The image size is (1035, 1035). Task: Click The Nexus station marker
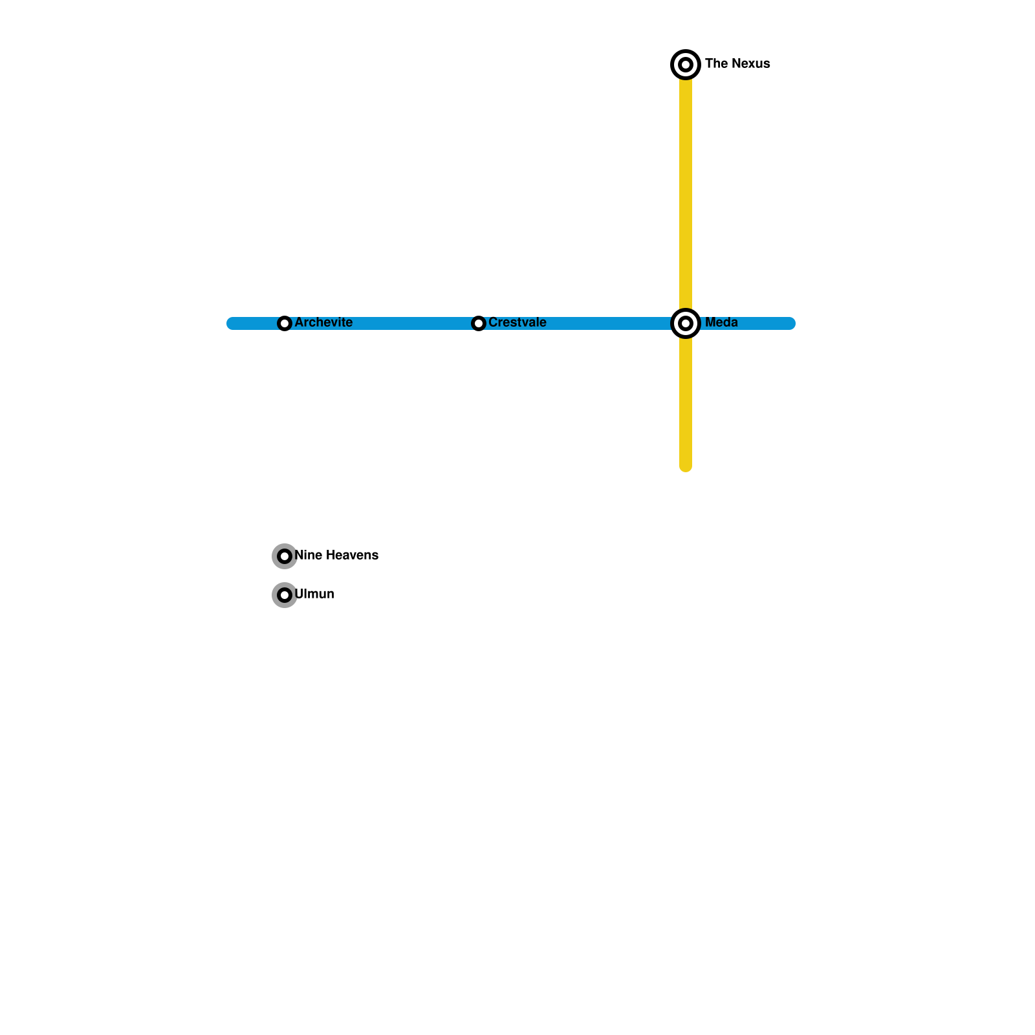[x=686, y=65]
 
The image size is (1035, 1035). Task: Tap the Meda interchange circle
[x=686, y=323]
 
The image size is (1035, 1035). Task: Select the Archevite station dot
[x=285, y=323]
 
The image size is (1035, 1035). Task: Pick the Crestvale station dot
[x=479, y=323]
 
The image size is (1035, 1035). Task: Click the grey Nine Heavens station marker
[x=285, y=556]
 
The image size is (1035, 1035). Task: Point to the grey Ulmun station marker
[x=285, y=595]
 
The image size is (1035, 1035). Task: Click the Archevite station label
[x=323, y=322]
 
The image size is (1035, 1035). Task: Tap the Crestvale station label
[x=517, y=322]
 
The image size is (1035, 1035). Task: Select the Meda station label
[x=721, y=322]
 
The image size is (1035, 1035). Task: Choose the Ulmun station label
[x=314, y=594]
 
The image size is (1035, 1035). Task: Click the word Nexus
[x=750, y=63]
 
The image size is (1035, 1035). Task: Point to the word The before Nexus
[x=716, y=63]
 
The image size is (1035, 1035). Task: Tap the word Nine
[x=308, y=555]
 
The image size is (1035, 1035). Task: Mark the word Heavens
[x=352, y=555]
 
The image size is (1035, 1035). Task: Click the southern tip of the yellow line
[x=686, y=467]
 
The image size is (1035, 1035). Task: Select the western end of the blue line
[x=232, y=323]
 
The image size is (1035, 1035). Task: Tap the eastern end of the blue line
[x=790, y=323]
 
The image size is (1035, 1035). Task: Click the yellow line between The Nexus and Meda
[x=686, y=194]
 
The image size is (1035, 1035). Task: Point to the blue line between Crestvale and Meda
[x=608, y=323]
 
